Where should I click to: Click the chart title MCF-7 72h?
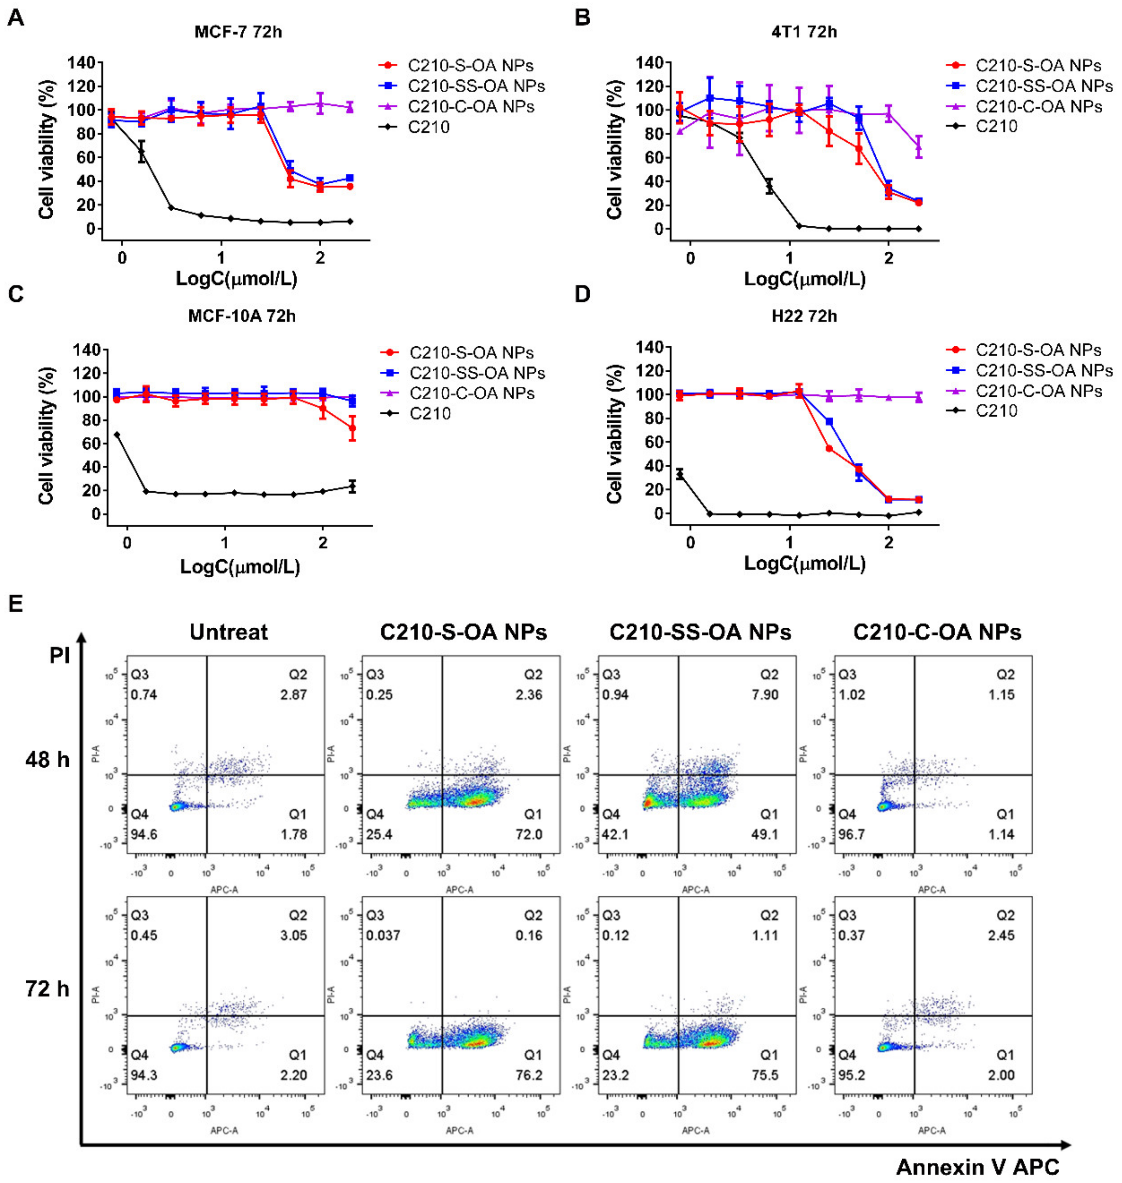coord(238,32)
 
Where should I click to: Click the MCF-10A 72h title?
coord(242,316)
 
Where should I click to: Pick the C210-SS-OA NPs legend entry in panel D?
coord(1044,371)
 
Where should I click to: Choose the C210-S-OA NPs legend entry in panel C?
coord(471,353)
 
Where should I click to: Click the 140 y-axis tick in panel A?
coord(81,63)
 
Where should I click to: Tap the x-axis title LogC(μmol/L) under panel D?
coord(804,563)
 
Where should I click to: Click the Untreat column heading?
coord(229,632)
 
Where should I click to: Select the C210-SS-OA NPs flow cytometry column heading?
coord(700,632)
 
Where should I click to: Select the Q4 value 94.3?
coord(144,1076)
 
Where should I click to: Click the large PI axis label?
coord(60,656)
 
